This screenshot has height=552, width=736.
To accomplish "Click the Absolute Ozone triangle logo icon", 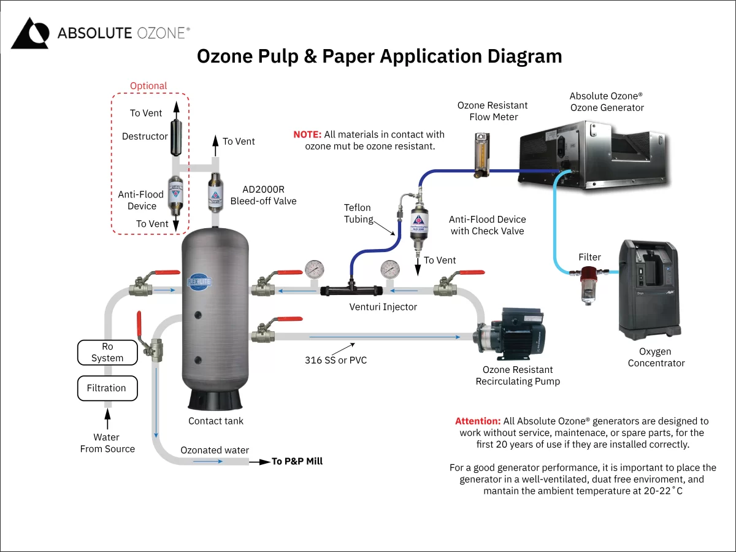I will pos(29,33).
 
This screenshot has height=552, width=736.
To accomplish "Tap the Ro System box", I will pos(107,353).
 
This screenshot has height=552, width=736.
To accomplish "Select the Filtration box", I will pos(107,388).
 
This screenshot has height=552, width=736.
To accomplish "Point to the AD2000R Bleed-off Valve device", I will pos(215,192).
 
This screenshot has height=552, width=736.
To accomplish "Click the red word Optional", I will pos(148,86).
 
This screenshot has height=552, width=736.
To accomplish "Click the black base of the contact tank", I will pos(215,400).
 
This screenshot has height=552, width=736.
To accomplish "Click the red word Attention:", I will pos(477,421).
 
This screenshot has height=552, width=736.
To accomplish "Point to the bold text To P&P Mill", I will pos(297,461).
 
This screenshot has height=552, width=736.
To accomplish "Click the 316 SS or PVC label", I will pos(335,360).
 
